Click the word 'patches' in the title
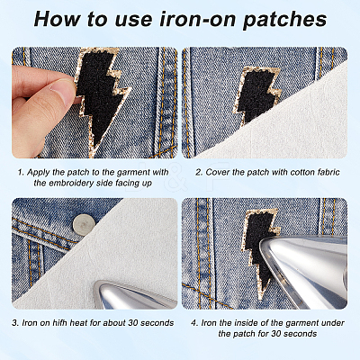tap(284, 19)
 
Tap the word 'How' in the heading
tap(57, 19)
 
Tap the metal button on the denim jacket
tap(84, 224)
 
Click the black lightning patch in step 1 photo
tap(101, 99)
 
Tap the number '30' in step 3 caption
tap(133, 323)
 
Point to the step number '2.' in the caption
tap(199, 172)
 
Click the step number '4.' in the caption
tap(194, 323)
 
